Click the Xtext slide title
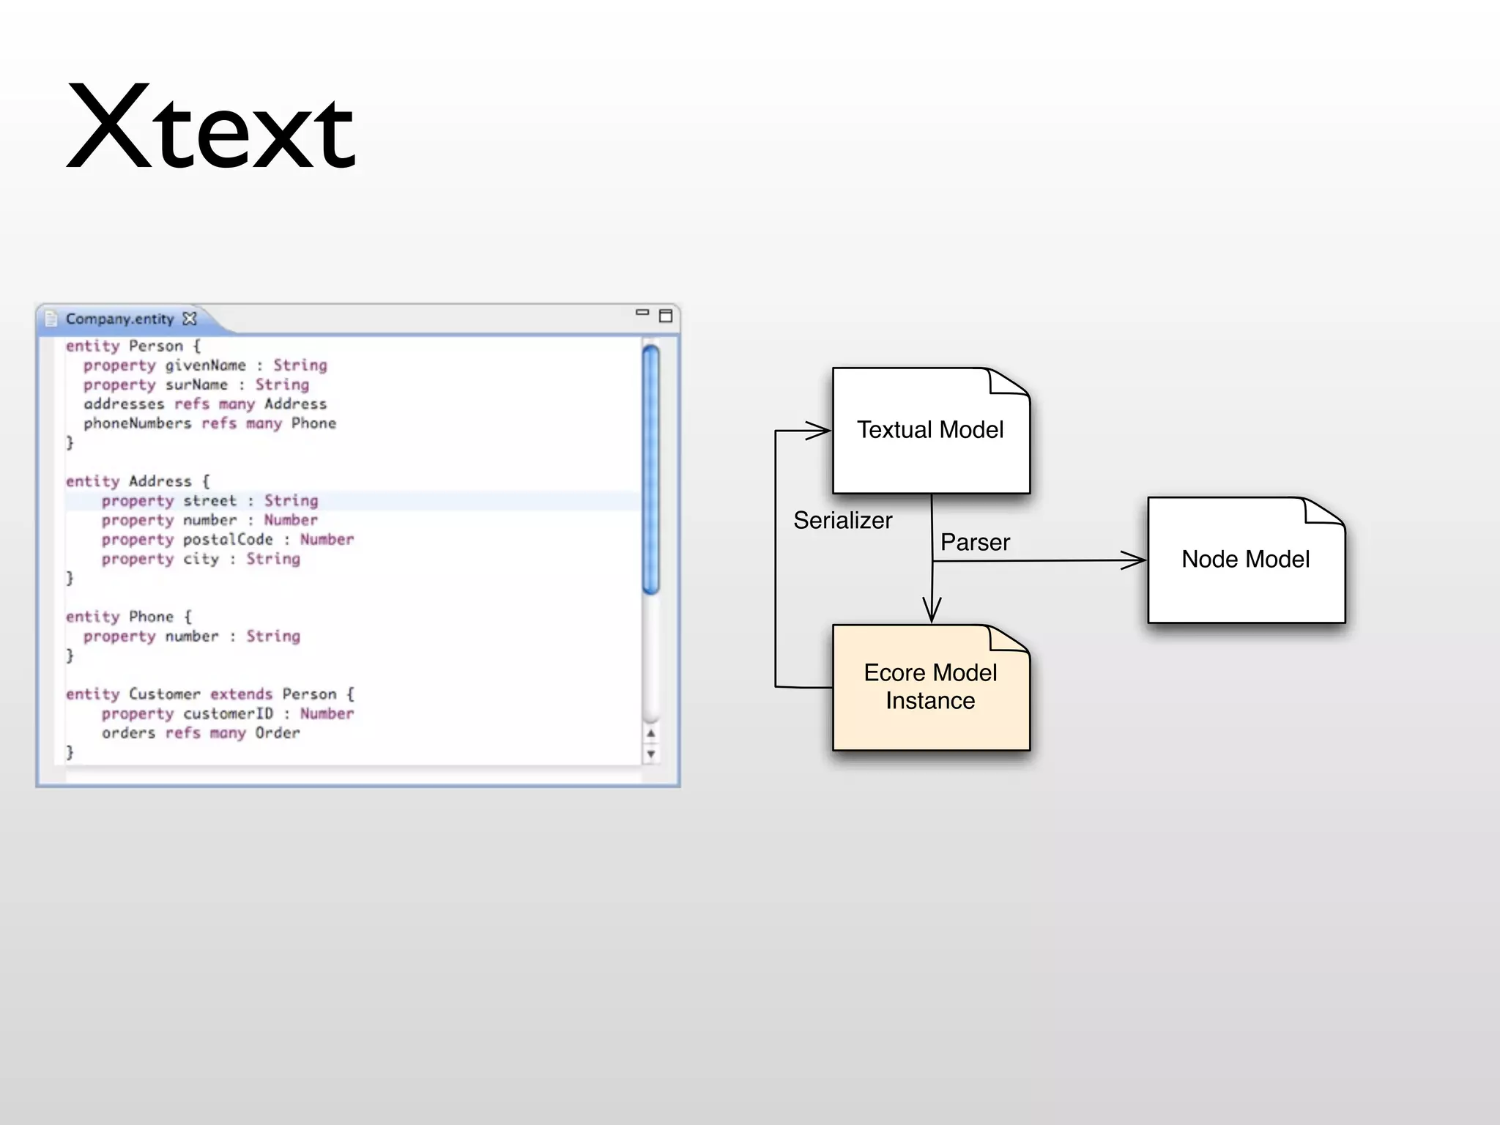211,128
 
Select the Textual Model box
930,431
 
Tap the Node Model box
1246,560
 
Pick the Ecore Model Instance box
930,687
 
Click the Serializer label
842,521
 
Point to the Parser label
975,543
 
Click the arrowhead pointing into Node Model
1135,561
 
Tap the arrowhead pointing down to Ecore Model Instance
932,612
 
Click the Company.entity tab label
120,319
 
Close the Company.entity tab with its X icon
190,319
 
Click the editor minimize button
642,313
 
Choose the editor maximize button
666,316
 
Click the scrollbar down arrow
650,754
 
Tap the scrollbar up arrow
650,733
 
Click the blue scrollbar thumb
650,469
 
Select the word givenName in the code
205,365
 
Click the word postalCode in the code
228,540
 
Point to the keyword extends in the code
241,694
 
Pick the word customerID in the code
228,714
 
